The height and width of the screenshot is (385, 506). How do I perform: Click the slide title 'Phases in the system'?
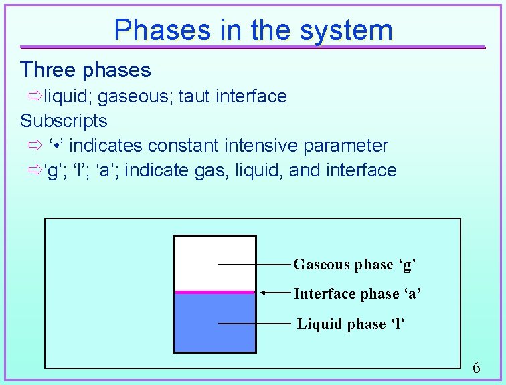click(253, 30)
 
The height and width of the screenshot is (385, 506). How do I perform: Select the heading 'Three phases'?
click(86, 70)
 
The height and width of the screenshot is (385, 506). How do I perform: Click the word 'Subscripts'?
click(64, 121)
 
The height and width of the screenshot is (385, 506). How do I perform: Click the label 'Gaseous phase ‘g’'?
click(355, 265)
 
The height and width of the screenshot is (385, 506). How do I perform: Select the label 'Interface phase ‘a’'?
click(357, 294)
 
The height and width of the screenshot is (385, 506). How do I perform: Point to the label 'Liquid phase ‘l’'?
click(351, 324)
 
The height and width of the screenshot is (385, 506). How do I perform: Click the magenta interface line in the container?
click(214, 292)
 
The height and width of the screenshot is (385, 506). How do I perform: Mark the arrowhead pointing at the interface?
click(264, 293)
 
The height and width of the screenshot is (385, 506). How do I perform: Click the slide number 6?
click(476, 367)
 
